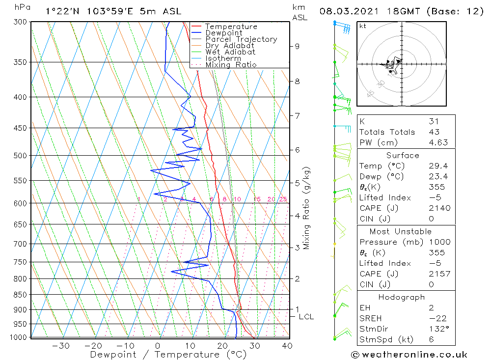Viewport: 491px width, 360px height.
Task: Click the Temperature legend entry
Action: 231,27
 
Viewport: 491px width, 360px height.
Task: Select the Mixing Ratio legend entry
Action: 231,64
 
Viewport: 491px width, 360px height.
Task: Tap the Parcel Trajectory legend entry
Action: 241,39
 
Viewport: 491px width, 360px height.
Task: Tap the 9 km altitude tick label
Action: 297,46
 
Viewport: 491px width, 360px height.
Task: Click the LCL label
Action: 306,317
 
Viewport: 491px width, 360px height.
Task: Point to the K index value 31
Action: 434,121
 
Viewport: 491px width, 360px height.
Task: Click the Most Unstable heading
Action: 401,231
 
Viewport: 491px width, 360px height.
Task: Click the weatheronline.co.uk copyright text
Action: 409,355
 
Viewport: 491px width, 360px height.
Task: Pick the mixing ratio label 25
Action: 283,199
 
